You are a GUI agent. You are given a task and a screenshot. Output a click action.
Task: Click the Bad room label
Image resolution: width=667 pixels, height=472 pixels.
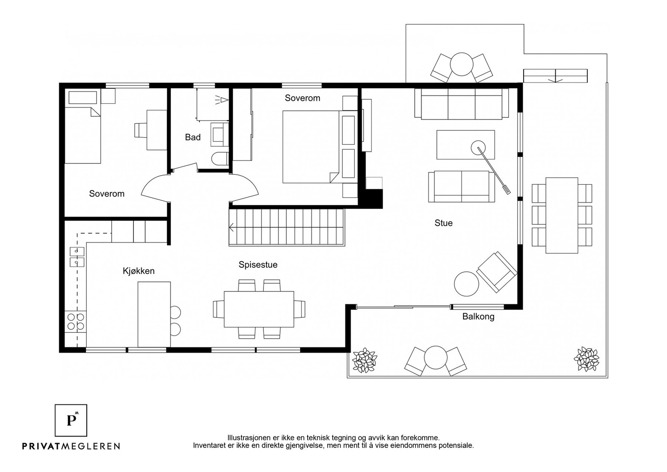click(x=193, y=137)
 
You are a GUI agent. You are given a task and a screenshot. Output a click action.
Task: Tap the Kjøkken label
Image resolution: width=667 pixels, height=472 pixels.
click(x=138, y=271)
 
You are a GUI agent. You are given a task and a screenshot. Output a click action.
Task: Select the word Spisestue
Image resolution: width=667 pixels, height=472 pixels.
click(x=258, y=265)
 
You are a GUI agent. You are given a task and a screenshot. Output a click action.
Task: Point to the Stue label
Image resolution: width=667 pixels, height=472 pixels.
click(x=444, y=223)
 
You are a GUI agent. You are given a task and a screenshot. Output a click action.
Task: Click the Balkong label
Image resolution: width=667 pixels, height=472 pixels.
click(x=478, y=316)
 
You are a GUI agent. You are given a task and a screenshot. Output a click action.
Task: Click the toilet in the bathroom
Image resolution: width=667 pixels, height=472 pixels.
click(x=220, y=159)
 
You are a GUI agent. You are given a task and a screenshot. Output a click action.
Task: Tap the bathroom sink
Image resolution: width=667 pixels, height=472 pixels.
click(x=219, y=134)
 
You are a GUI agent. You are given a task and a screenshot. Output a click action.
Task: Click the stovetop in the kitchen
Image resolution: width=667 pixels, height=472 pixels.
click(x=75, y=321)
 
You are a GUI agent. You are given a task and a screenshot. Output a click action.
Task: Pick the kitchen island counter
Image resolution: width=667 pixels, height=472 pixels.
click(x=154, y=314)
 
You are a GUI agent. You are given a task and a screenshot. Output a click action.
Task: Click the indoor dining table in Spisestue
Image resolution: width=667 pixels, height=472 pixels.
click(x=259, y=309)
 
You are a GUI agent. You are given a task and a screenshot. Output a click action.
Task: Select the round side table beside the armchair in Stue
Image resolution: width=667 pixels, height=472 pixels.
click(x=466, y=284)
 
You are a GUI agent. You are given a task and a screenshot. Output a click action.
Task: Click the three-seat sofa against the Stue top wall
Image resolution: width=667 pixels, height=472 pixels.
click(x=461, y=104)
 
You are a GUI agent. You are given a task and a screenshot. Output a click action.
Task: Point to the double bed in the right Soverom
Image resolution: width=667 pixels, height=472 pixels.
click(x=320, y=147)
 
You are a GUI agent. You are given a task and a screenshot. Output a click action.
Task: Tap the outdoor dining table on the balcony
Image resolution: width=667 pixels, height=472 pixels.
click(x=562, y=216)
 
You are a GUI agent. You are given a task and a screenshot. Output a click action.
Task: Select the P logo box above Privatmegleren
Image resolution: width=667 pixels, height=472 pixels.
click(x=71, y=420)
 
